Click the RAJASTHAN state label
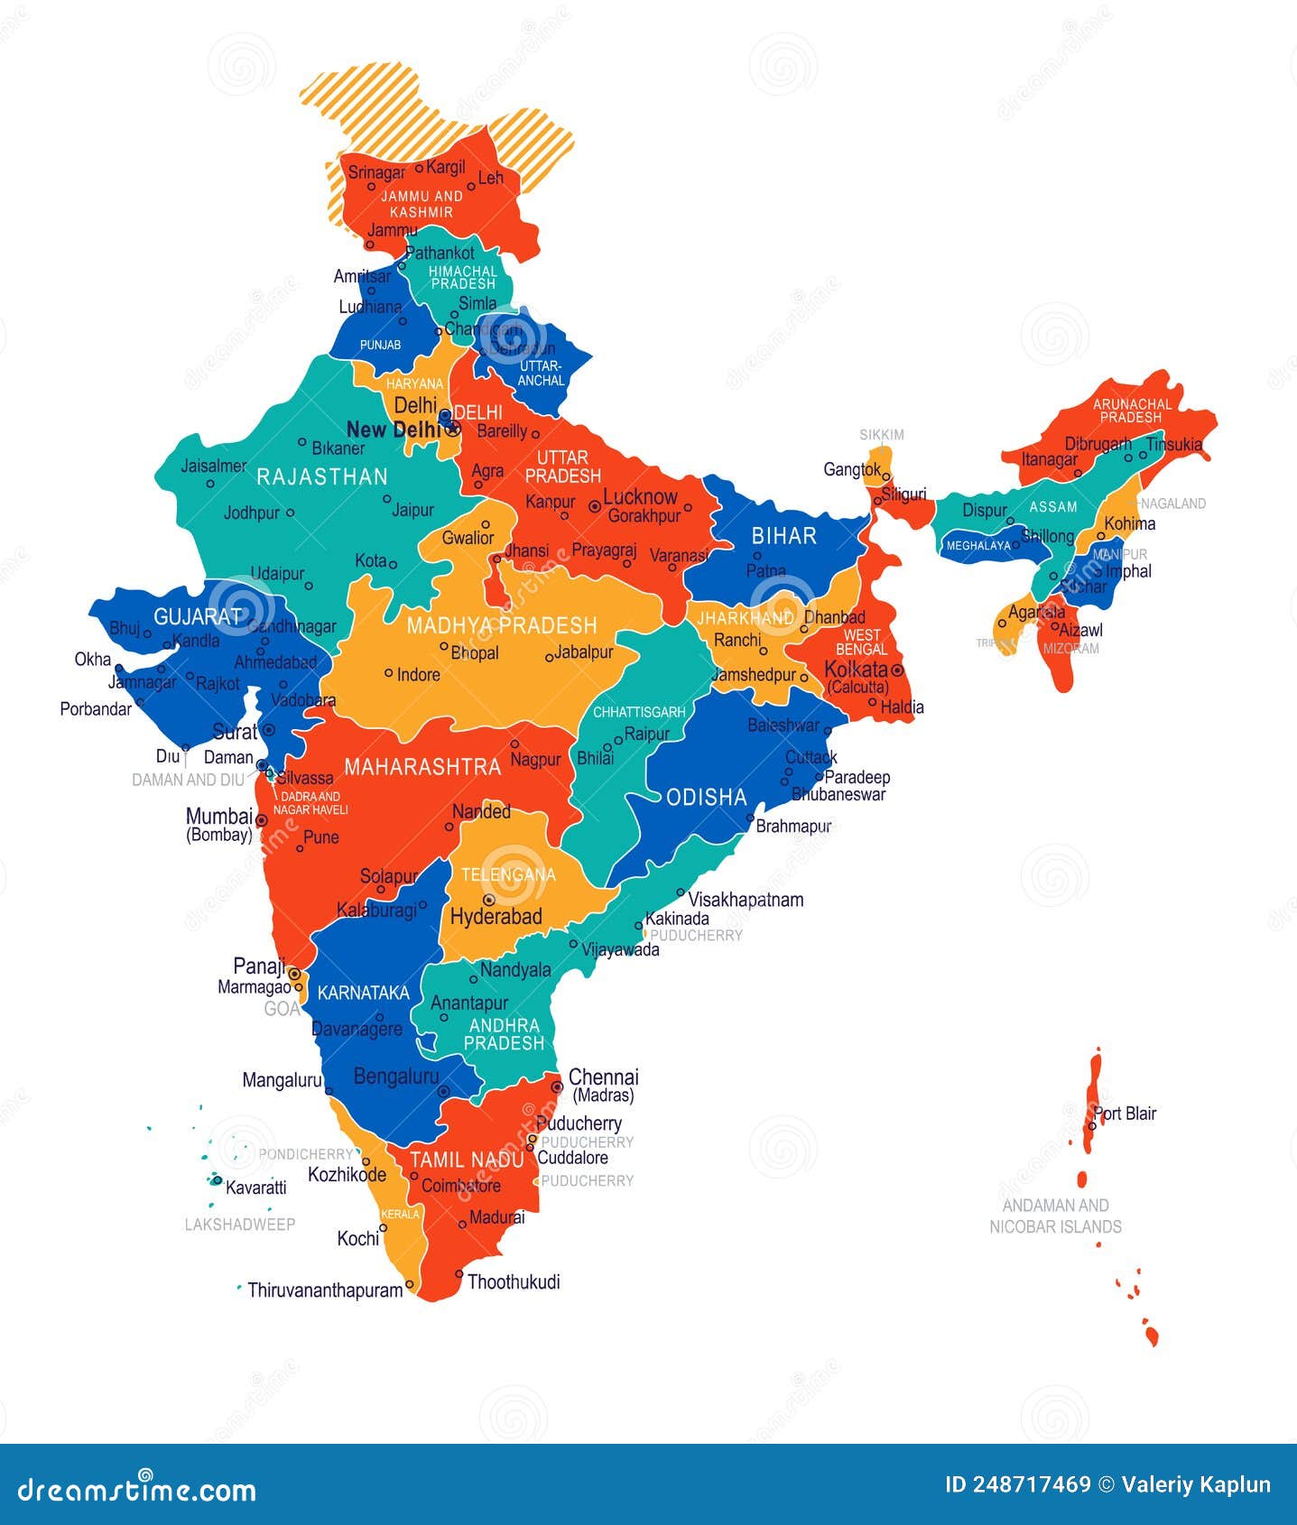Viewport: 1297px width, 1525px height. [321, 476]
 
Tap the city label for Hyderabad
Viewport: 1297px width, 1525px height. [496, 917]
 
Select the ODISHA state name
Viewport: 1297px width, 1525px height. [706, 797]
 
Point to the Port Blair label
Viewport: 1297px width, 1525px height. [1126, 1114]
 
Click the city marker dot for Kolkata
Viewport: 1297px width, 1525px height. [897, 670]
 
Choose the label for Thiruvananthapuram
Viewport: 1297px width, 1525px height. [325, 1290]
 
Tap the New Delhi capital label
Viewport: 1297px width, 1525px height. [393, 430]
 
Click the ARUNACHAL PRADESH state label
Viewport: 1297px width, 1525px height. [1131, 411]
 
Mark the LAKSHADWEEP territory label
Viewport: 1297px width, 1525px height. [240, 1225]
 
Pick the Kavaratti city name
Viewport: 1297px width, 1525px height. [255, 1188]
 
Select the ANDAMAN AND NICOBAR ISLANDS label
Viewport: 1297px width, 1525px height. [1055, 1215]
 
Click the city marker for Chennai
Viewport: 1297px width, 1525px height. [557, 1087]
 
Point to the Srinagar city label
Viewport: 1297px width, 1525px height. [376, 172]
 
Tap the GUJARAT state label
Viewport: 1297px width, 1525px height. [199, 616]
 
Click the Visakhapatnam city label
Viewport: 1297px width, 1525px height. [746, 900]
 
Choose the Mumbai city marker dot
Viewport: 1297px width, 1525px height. [261, 820]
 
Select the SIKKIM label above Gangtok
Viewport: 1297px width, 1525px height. [881, 435]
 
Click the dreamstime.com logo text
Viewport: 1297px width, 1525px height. [137, 1489]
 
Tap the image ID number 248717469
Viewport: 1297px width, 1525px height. [1031, 1485]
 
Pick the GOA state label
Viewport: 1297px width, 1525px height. [282, 1009]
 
